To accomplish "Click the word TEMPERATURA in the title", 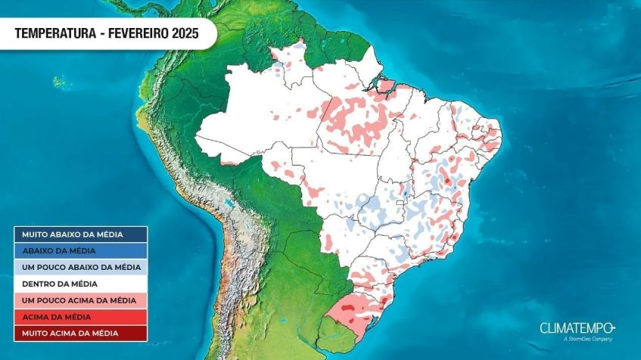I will (x=54, y=33).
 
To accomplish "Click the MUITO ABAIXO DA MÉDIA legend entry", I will (x=80, y=234).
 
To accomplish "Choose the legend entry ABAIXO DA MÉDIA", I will (x=80, y=250).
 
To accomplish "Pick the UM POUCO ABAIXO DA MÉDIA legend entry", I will (x=80, y=267).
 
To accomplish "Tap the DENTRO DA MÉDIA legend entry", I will (x=80, y=284).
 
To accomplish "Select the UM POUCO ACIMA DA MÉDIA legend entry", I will (x=80, y=300).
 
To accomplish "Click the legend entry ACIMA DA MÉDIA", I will (x=80, y=316).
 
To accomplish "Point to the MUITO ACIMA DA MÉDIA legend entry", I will (x=80, y=333).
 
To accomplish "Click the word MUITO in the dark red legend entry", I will (x=35, y=333).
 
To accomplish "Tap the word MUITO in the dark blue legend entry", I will (x=36, y=234).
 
